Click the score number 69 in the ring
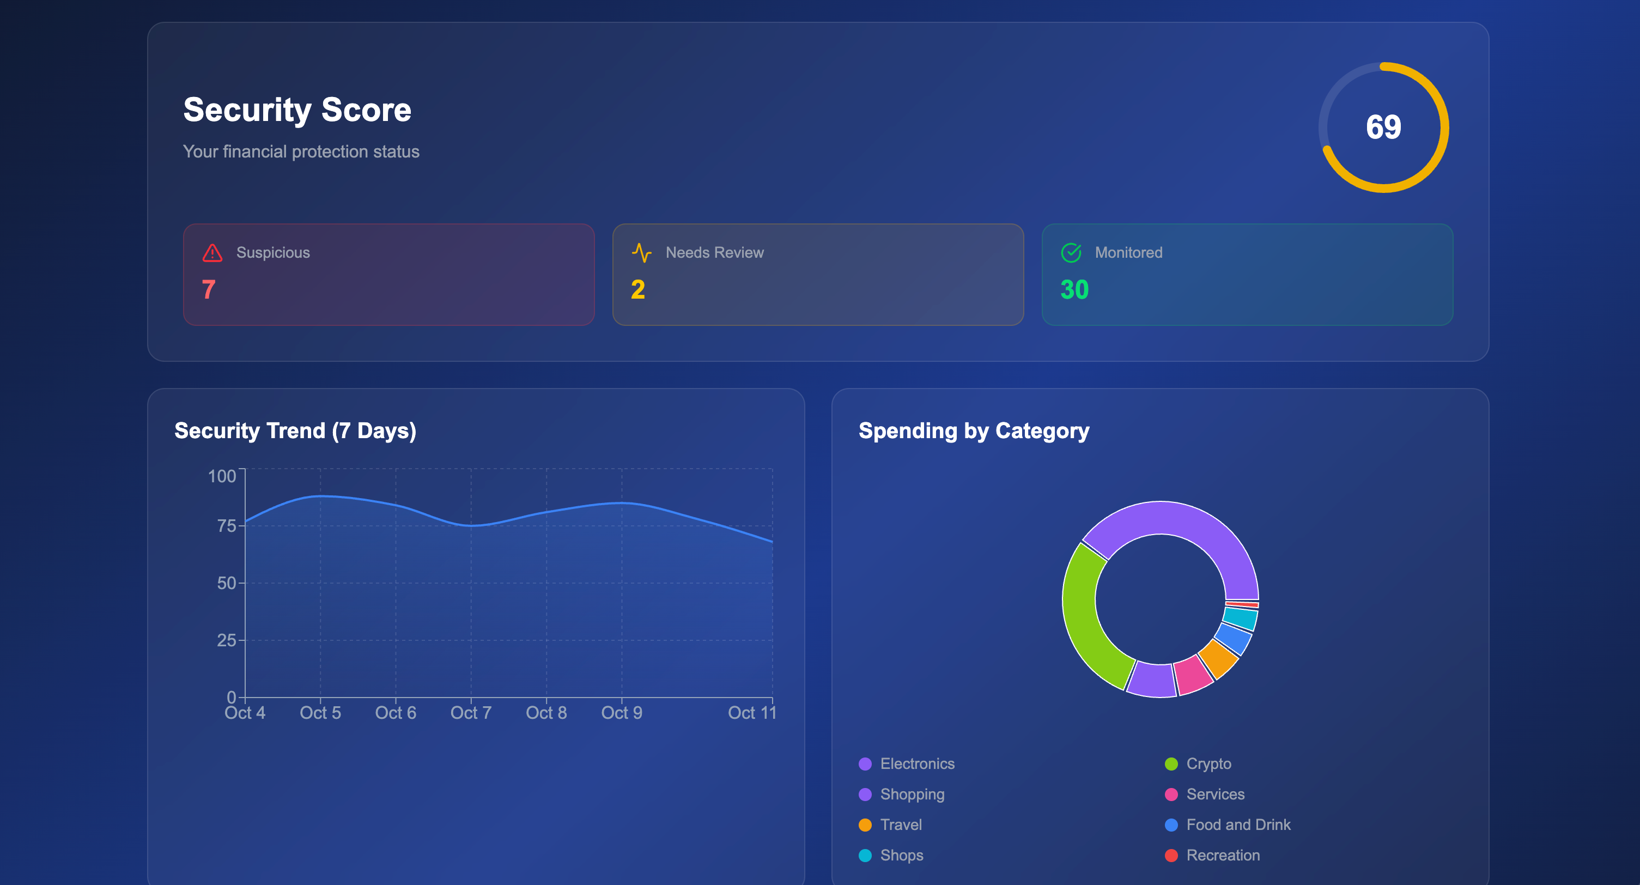[x=1383, y=128]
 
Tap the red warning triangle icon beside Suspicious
[x=212, y=253]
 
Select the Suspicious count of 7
[x=208, y=290]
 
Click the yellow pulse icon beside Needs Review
[x=641, y=253]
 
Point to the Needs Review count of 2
[x=638, y=290]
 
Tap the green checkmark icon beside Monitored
[x=1071, y=253]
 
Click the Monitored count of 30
[x=1074, y=290]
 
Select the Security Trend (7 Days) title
[x=295, y=431]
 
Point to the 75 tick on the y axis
[x=227, y=526]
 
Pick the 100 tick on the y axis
[x=222, y=476]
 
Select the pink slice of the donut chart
[x=1193, y=675]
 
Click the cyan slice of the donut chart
[x=1240, y=618]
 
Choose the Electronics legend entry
[x=917, y=764]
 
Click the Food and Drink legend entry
[x=1238, y=825]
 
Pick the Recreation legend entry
[x=1222, y=856]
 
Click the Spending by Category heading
[x=974, y=431]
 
